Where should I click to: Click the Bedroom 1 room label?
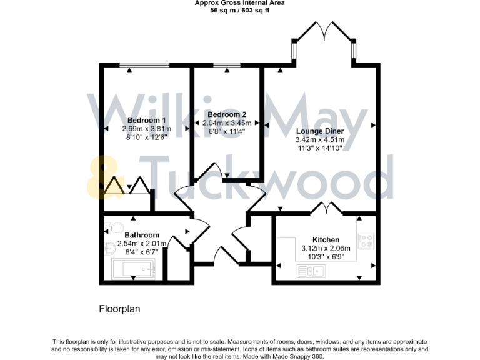[x=147, y=120]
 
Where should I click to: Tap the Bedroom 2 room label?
[x=227, y=114]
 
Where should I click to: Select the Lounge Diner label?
[x=319, y=131]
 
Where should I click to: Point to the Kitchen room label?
[x=326, y=239]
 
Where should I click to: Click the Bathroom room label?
[x=142, y=235]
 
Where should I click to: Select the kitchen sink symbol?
[x=311, y=271]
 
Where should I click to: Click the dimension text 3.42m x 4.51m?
[x=319, y=140]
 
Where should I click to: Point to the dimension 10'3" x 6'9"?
[x=326, y=256]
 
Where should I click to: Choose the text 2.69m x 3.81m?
[x=147, y=129]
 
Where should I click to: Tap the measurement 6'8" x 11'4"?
[x=227, y=132]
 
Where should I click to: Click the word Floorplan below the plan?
[x=120, y=309]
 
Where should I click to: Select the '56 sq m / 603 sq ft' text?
[x=240, y=11]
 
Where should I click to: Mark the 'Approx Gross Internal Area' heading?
[x=240, y=3]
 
